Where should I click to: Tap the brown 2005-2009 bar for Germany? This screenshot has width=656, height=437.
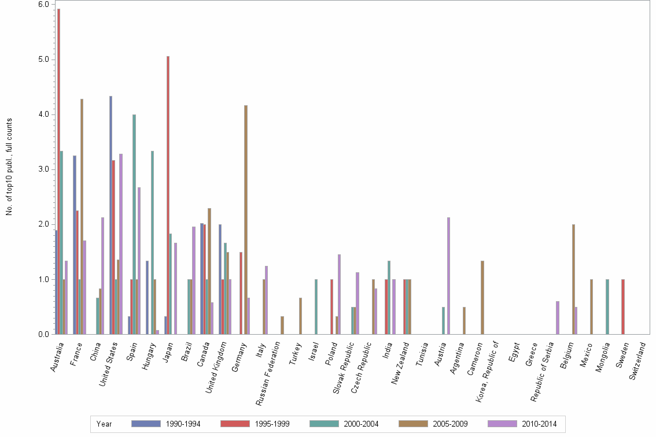pos(246,220)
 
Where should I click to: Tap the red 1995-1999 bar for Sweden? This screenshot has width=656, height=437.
pos(623,307)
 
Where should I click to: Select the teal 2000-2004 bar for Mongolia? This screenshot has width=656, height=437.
pos(607,307)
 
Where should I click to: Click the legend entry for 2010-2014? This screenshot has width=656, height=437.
pos(522,424)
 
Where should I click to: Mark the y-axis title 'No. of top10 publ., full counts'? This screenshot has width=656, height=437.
pos(9,167)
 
